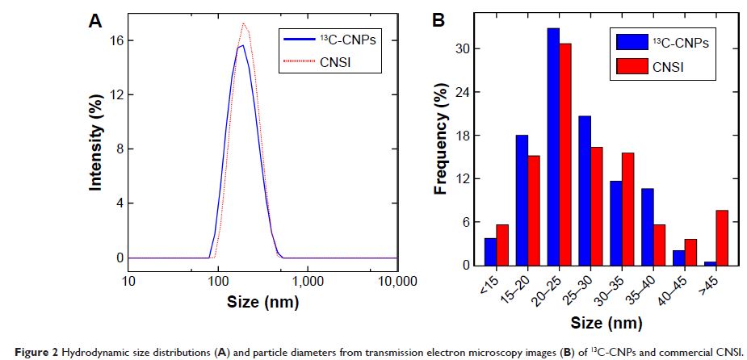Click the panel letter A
[94, 22]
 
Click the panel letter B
[439, 21]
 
